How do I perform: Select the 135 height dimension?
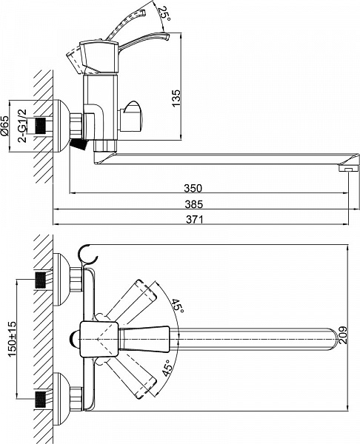point(176,98)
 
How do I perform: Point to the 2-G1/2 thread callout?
point(23,126)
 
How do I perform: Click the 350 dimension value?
point(193,188)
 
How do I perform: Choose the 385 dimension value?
point(194,204)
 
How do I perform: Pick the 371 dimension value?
point(195,219)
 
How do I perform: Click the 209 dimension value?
point(342,335)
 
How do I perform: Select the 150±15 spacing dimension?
point(12,339)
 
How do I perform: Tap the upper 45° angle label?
point(178,306)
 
